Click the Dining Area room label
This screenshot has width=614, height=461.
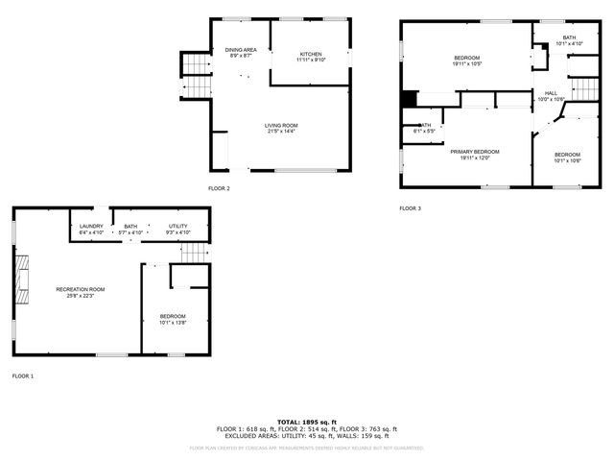click(x=241, y=50)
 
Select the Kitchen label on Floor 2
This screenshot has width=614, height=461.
click(x=310, y=54)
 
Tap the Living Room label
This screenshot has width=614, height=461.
click(x=281, y=125)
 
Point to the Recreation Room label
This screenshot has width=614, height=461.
click(x=80, y=289)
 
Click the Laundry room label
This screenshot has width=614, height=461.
click(x=90, y=227)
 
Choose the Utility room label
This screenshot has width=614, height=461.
click(x=178, y=227)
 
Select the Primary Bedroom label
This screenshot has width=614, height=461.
click(x=474, y=152)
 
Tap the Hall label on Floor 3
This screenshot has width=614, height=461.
click(x=551, y=93)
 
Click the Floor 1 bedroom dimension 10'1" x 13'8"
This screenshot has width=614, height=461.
click(x=173, y=323)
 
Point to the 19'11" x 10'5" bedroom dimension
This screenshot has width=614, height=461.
click(x=466, y=64)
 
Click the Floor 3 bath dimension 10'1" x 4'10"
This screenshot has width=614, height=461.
click(x=569, y=43)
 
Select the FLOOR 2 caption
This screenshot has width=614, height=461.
click(x=219, y=188)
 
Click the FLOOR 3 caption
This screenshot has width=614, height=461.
click(x=410, y=207)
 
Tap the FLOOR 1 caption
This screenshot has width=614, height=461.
click(x=22, y=376)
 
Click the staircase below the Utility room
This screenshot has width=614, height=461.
click(x=195, y=252)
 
